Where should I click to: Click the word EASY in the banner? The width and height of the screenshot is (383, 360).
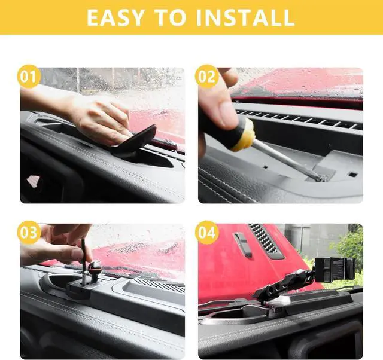(x=115, y=17)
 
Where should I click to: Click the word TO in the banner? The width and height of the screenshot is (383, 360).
(x=170, y=17)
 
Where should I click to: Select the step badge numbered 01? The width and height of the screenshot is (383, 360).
(x=29, y=76)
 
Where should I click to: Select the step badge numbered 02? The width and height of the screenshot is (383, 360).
(x=206, y=76)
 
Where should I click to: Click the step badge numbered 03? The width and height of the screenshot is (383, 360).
(x=29, y=233)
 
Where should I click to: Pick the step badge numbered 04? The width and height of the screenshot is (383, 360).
(x=206, y=233)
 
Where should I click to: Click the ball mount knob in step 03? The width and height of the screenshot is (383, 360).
(x=95, y=268)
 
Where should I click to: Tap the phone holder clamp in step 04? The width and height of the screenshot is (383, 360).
(x=335, y=269)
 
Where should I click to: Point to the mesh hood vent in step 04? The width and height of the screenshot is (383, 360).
(x=266, y=241)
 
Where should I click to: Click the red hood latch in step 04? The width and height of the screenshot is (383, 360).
(x=242, y=245)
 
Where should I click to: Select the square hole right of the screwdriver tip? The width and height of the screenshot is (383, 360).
(x=353, y=174)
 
